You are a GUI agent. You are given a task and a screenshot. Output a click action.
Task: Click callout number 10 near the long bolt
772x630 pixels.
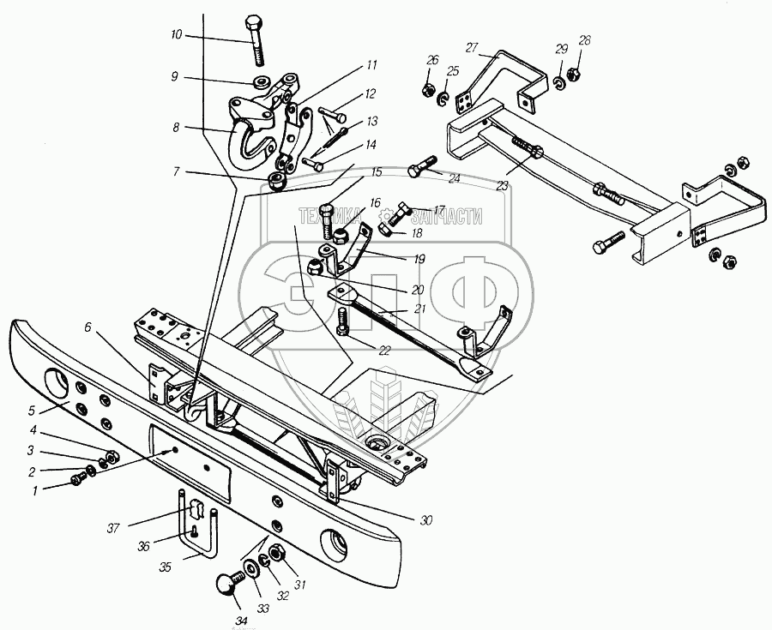pos(176,35)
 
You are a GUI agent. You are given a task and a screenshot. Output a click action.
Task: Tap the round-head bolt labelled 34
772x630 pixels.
pos(224,587)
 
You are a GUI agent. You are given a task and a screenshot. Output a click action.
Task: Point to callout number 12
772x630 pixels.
pos(370,93)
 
